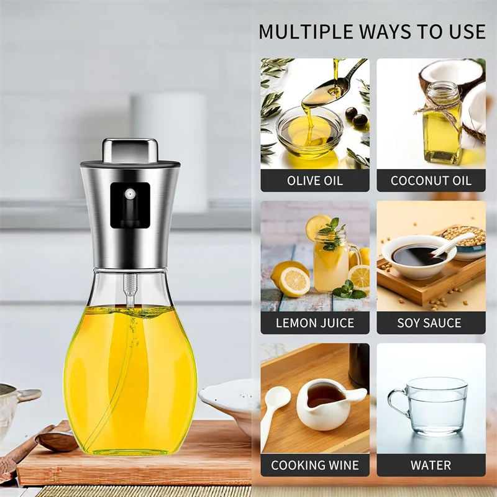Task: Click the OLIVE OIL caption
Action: point(314,181)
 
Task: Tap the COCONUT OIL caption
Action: point(431,181)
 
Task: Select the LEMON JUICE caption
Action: point(314,323)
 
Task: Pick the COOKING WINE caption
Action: point(314,465)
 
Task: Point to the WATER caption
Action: point(431,465)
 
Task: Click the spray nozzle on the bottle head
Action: point(129,194)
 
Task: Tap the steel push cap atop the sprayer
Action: point(130,150)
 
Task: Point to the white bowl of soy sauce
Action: point(414,255)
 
